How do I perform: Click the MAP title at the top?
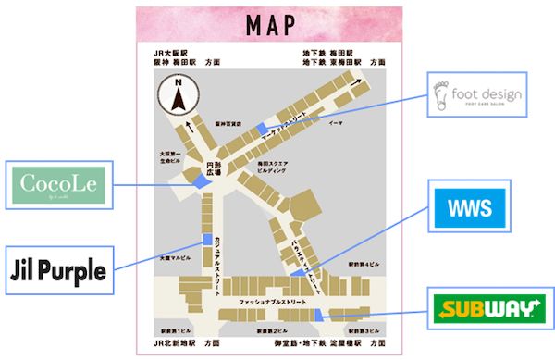(271, 26)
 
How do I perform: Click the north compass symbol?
(176, 94)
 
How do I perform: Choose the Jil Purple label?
(57, 270)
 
